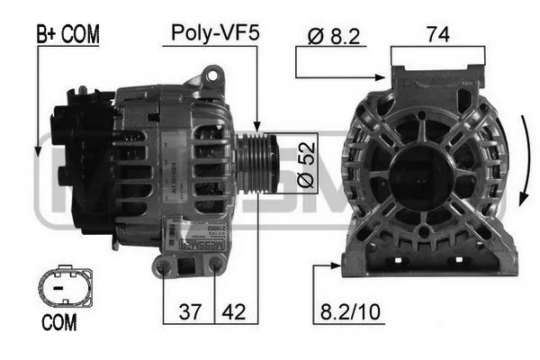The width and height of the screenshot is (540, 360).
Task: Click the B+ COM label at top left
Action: (67, 34)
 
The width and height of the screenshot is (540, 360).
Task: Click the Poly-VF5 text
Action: (215, 34)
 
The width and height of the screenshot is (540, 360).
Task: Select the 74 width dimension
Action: (438, 34)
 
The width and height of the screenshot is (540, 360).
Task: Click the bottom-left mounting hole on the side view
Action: (163, 266)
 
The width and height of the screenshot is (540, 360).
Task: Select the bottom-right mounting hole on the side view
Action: (216, 265)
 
